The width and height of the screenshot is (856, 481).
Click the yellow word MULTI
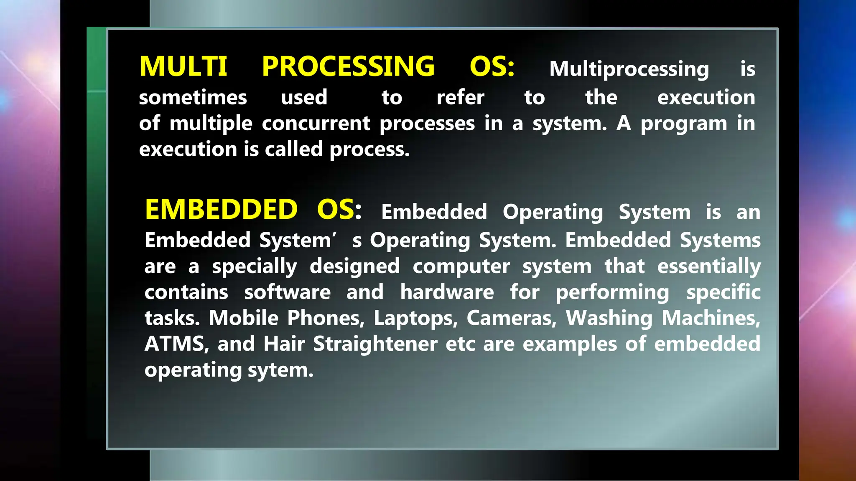pyautogui.click(x=183, y=67)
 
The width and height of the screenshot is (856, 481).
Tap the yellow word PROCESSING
pyautogui.click(x=348, y=67)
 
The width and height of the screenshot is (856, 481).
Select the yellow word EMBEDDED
pyautogui.click(x=221, y=210)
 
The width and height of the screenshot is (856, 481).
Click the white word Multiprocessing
pyautogui.click(x=629, y=69)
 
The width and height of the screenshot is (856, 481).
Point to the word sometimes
pyautogui.click(x=193, y=98)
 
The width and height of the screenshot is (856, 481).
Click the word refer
pyautogui.click(x=460, y=98)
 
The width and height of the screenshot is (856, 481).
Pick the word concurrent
pyautogui.click(x=316, y=124)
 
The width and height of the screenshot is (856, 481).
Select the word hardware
pyautogui.click(x=447, y=292)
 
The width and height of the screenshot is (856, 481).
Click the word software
pyautogui.click(x=287, y=292)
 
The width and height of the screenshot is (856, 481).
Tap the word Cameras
pyautogui.click(x=511, y=319)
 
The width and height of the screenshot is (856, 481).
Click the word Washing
pyautogui.click(x=609, y=319)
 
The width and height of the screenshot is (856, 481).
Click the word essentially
pyautogui.click(x=708, y=267)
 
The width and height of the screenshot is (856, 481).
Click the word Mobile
pyautogui.click(x=243, y=319)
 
